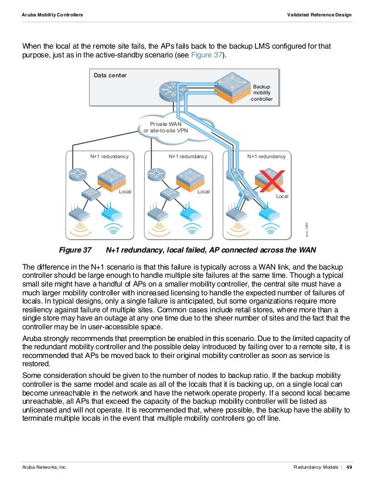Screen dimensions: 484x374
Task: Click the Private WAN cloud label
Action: tap(167, 128)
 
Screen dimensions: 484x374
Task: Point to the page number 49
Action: tap(349, 466)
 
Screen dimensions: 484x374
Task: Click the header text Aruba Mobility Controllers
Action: tap(52, 14)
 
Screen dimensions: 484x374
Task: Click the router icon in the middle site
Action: tap(155, 174)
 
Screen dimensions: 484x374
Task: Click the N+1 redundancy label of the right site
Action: tap(266, 157)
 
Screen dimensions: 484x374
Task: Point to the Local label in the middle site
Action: tap(203, 192)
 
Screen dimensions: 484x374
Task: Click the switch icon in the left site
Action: tap(91, 194)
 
